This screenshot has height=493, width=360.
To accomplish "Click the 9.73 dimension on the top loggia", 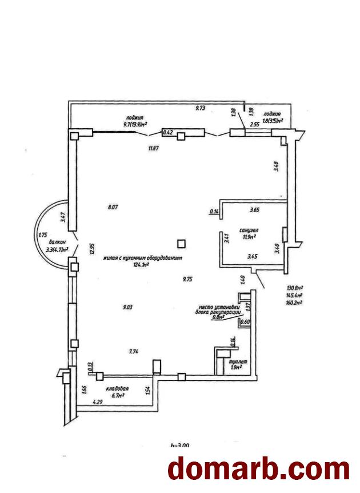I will point(201,108).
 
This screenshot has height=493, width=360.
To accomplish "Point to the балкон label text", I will point(57,242).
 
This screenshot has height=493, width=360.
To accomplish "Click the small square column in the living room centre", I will point(182,243).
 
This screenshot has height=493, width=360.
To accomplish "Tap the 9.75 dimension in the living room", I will point(187,279).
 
